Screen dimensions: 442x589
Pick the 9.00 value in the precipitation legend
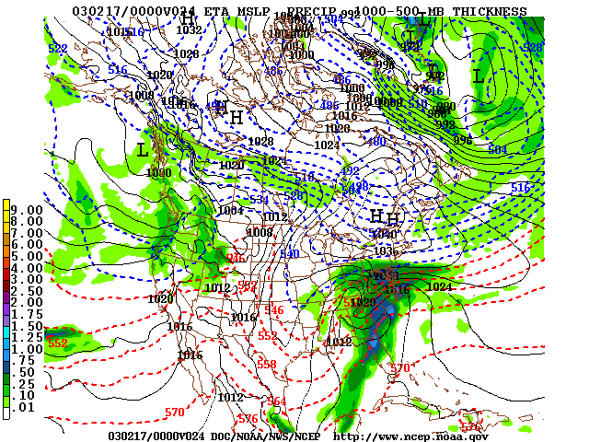(29, 210)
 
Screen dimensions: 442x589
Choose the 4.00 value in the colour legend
(29, 267)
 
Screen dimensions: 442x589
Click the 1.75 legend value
(29, 313)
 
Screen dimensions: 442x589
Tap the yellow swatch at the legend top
(7, 204)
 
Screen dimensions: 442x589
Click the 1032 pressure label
(189, 30)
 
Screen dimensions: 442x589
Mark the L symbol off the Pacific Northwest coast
(142, 149)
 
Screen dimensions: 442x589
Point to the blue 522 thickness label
(57, 49)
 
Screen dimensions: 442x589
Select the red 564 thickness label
(276, 401)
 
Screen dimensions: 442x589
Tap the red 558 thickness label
(266, 365)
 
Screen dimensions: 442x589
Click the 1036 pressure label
(383, 250)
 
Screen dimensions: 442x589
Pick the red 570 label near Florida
(399, 368)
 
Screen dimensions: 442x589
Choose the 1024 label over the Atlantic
(440, 286)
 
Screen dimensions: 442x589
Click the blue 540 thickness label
(289, 253)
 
